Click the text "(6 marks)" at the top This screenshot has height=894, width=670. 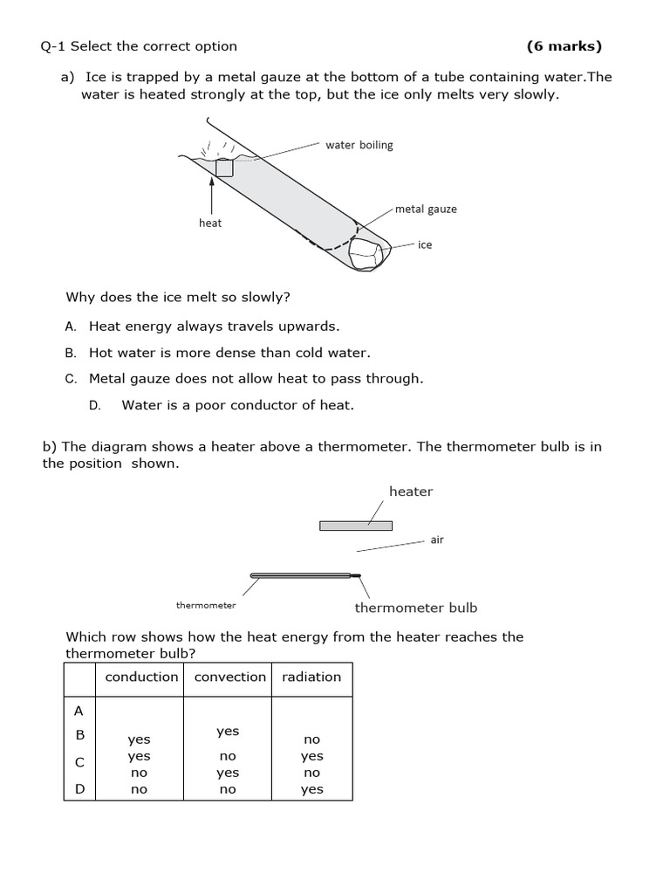(x=564, y=46)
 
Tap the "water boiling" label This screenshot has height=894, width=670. (x=359, y=145)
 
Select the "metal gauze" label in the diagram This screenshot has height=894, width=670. (x=426, y=209)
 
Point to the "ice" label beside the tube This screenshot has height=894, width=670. (x=425, y=244)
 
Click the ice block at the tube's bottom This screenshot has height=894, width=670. (x=366, y=253)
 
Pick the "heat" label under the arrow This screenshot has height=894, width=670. (x=210, y=223)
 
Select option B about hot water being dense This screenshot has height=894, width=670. (x=229, y=353)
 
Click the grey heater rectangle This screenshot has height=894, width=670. (x=356, y=526)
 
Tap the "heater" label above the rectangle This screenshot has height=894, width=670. (x=411, y=491)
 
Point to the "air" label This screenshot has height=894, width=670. (x=437, y=540)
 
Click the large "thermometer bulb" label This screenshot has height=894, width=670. (x=416, y=608)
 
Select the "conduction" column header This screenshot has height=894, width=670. (x=141, y=677)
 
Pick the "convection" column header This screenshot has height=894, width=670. (x=229, y=677)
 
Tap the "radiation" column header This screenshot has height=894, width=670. (x=311, y=677)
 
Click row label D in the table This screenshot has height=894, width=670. (x=79, y=789)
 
